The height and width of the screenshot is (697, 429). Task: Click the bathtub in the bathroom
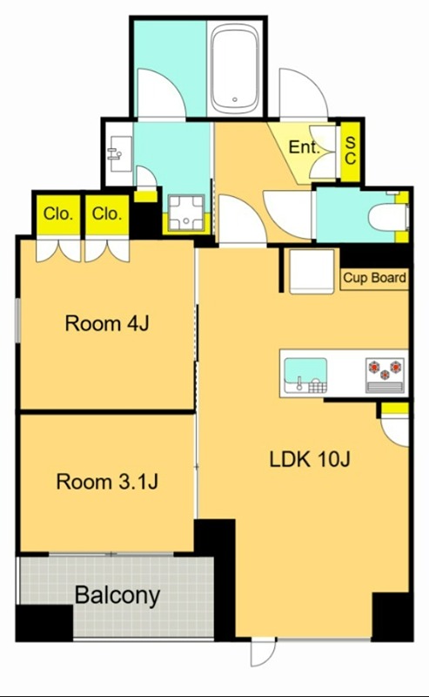coord(234,68)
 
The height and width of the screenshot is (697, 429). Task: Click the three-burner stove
coord(385,376)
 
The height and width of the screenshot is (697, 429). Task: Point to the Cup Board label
coord(374,278)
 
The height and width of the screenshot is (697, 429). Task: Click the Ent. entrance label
coord(305,147)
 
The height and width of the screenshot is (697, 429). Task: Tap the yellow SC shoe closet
coord(351,152)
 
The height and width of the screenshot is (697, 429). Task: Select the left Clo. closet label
coord(58,214)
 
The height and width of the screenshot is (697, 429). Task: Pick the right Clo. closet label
coord(107,214)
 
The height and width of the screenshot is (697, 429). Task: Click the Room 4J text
coord(107,323)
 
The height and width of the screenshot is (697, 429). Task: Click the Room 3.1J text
coord(107,482)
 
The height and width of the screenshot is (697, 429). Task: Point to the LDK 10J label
coord(310,459)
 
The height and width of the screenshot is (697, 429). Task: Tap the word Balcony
coord(117,595)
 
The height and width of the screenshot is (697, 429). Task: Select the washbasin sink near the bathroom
coord(119,154)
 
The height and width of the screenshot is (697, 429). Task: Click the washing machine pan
coord(186,213)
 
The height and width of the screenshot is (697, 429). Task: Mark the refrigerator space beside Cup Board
coord(312,271)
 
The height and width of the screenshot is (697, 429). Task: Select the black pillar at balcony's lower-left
coord(44,623)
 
